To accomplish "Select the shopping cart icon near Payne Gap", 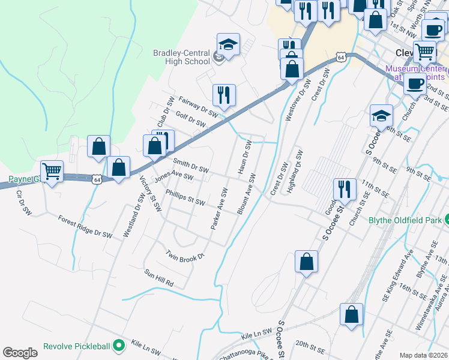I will (x=52, y=171).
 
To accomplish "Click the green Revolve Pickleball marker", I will (x=119, y=346).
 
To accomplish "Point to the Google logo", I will (x=20, y=353).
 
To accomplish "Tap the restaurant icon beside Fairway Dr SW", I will (x=224, y=94).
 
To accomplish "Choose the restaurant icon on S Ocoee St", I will (x=345, y=189).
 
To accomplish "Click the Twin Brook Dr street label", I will (x=185, y=254).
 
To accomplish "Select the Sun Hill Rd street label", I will (x=158, y=277).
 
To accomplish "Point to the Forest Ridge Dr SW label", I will (x=85, y=227).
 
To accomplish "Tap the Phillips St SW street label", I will (x=186, y=198).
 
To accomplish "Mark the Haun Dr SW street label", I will (x=244, y=157).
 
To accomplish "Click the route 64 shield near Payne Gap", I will (x=97, y=179).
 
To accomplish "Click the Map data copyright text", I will (x=423, y=355).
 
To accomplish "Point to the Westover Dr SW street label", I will (x=297, y=102).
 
